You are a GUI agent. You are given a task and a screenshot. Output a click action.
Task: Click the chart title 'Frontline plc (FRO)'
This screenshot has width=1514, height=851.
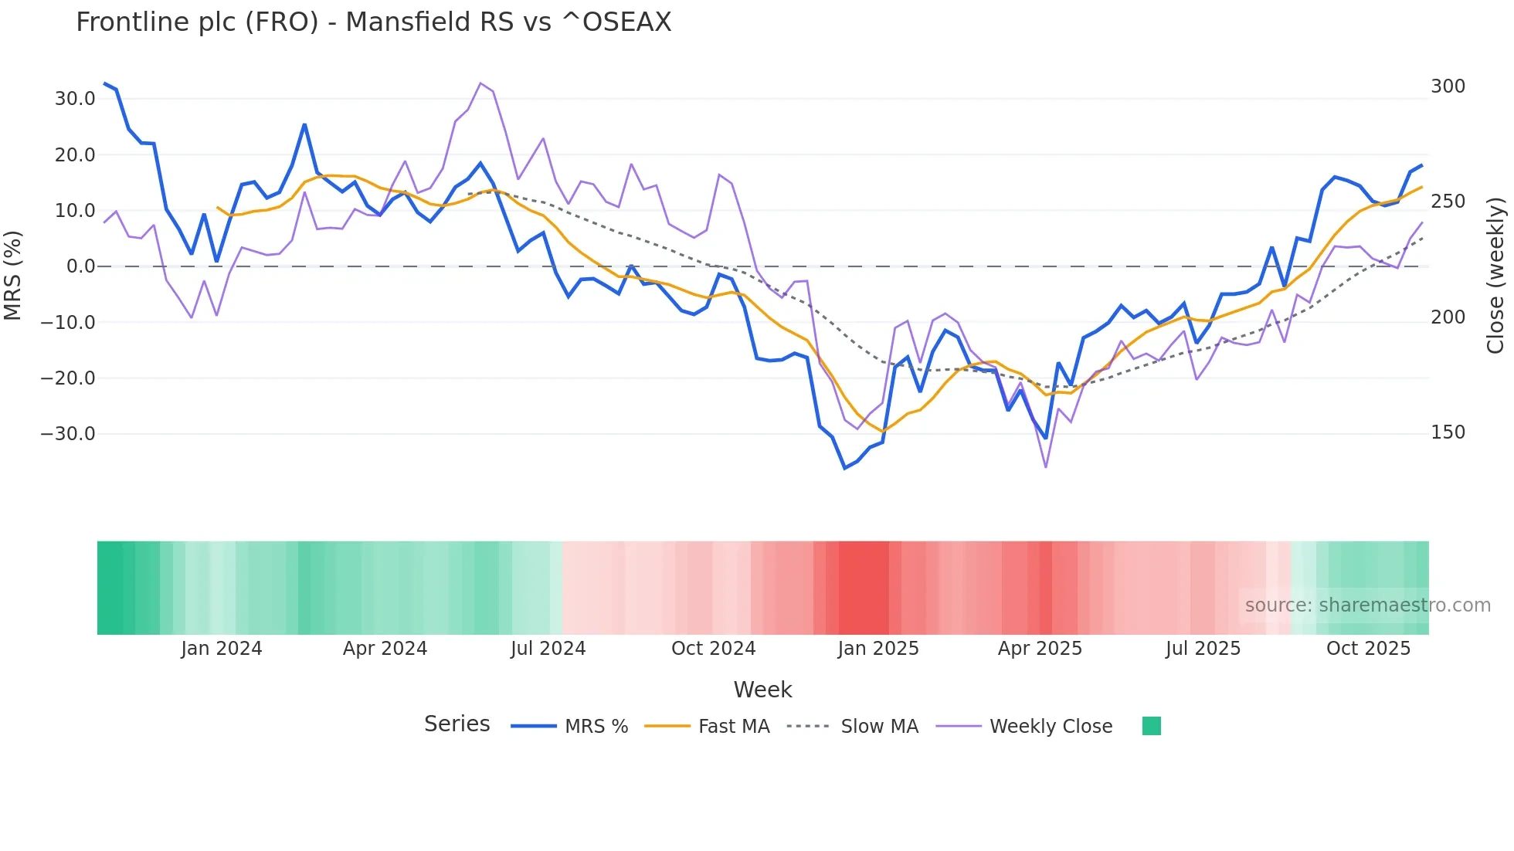pos(373,22)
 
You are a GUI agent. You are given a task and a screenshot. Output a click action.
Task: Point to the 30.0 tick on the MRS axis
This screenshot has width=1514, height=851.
pos(75,99)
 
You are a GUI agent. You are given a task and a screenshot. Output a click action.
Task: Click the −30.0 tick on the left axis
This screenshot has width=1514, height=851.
pos(68,434)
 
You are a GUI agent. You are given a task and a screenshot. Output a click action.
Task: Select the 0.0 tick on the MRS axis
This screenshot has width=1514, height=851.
pos(81,266)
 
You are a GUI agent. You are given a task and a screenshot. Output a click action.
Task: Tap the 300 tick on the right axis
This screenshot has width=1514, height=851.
pos(1448,86)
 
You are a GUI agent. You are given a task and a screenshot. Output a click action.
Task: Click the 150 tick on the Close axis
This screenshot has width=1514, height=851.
pos(1448,432)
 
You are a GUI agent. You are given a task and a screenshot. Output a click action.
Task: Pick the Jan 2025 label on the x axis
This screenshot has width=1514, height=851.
pos(878,649)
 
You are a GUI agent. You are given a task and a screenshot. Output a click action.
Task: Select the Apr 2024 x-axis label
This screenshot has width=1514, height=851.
pos(385,649)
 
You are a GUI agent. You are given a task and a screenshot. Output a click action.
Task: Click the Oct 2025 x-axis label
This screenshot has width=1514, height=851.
pos(1368,649)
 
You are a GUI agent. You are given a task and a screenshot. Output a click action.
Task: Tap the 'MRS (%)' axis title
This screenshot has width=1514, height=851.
pos(13,275)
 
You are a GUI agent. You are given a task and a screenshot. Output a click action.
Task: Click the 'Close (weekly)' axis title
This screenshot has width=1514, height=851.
pos(1496,275)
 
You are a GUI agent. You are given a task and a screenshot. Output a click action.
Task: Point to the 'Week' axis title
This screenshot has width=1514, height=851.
pos(762,690)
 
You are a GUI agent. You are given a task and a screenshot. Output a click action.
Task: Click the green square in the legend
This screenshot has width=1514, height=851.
pos(1151,726)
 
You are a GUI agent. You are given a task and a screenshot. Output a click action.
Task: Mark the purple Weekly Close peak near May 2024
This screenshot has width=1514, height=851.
pos(480,83)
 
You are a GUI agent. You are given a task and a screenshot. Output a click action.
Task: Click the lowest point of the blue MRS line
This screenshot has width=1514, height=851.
pos(844,468)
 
